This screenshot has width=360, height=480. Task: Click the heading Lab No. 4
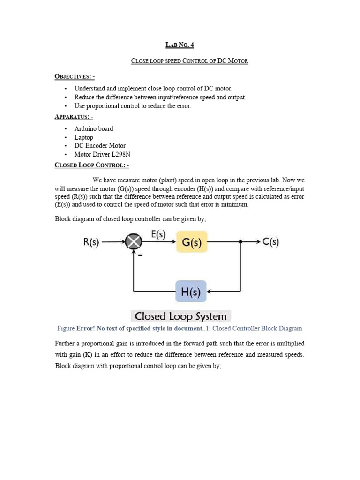pos(180,45)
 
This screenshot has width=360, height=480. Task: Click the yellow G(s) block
pos(191,241)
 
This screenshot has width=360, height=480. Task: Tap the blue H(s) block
pos(191,292)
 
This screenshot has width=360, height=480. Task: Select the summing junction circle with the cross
pos(134,242)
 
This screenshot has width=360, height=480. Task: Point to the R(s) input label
pos(90,242)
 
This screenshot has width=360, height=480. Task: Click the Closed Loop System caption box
pos(180,316)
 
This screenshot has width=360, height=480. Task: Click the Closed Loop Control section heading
pos(91,165)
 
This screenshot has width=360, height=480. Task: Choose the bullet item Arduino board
pos(93,128)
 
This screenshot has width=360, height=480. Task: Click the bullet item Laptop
pos(83,137)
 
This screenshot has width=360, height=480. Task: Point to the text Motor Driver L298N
pos(100,154)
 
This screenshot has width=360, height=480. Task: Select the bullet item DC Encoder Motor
pos(100,146)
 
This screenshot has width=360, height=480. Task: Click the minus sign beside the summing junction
pos(140,255)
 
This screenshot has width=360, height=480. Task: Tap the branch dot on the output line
pos(240,242)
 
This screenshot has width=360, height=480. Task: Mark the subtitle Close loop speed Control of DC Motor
pos(189,61)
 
